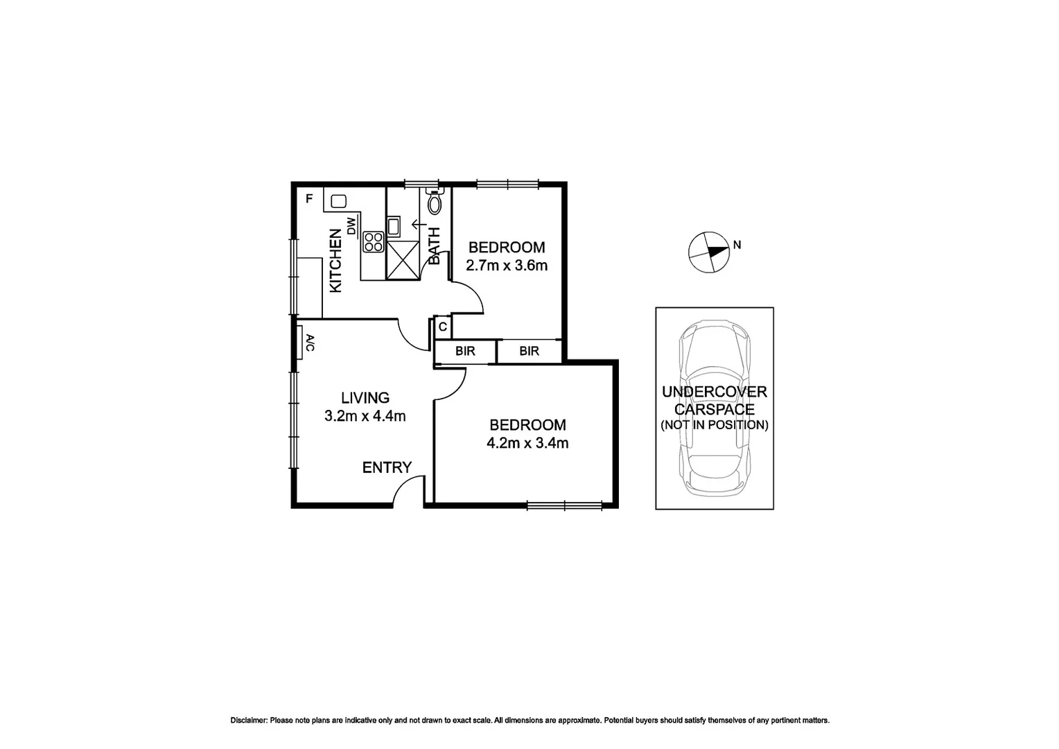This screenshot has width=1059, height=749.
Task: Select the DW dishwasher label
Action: (x=351, y=226)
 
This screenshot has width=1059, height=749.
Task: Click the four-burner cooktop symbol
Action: (x=373, y=241)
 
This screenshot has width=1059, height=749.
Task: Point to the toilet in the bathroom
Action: (x=435, y=203)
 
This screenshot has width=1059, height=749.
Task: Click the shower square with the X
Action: (x=403, y=260)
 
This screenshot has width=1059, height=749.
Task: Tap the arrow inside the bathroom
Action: (x=419, y=224)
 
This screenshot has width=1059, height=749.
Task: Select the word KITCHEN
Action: (x=335, y=261)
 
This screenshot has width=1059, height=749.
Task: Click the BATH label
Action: (x=435, y=246)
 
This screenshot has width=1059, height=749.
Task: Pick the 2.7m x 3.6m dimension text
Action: (x=507, y=266)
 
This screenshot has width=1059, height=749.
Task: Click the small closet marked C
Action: (x=442, y=326)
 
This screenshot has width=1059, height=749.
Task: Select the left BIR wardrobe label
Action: (x=465, y=352)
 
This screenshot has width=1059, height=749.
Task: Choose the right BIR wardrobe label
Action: (x=529, y=352)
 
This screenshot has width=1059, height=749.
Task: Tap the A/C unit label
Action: (x=310, y=343)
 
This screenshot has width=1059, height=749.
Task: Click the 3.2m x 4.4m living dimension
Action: (x=365, y=417)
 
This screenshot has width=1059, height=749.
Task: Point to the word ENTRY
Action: (x=387, y=468)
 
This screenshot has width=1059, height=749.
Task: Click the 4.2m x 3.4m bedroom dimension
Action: (x=527, y=443)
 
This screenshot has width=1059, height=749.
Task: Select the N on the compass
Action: (x=737, y=245)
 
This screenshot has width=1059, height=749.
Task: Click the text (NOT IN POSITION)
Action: (x=714, y=425)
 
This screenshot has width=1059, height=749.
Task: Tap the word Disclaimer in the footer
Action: (x=248, y=721)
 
